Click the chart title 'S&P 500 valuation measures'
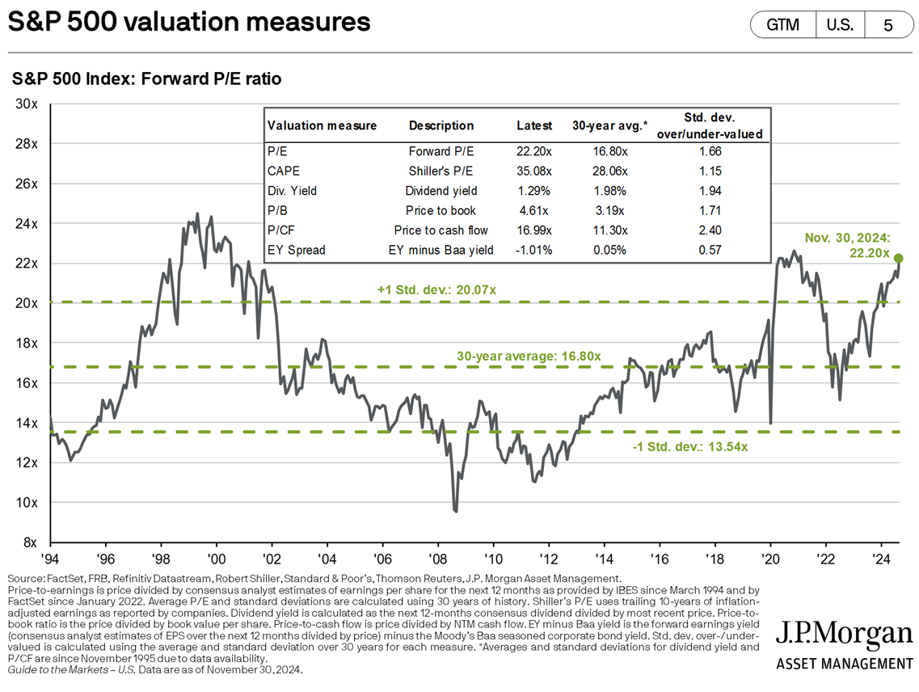[x=189, y=23]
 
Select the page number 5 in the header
[x=887, y=24]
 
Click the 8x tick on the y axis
[x=32, y=542]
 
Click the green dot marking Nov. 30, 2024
[x=898, y=258]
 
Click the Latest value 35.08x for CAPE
[x=534, y=171]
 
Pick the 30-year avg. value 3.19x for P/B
[x=609, y=210]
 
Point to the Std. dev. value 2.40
[x=709, y=230]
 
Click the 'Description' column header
[x=441, y=125]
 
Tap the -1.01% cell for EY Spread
[x=534, y=250]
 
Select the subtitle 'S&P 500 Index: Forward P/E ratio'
[x=146, y=79]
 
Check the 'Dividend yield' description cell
[x=441, y=191]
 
